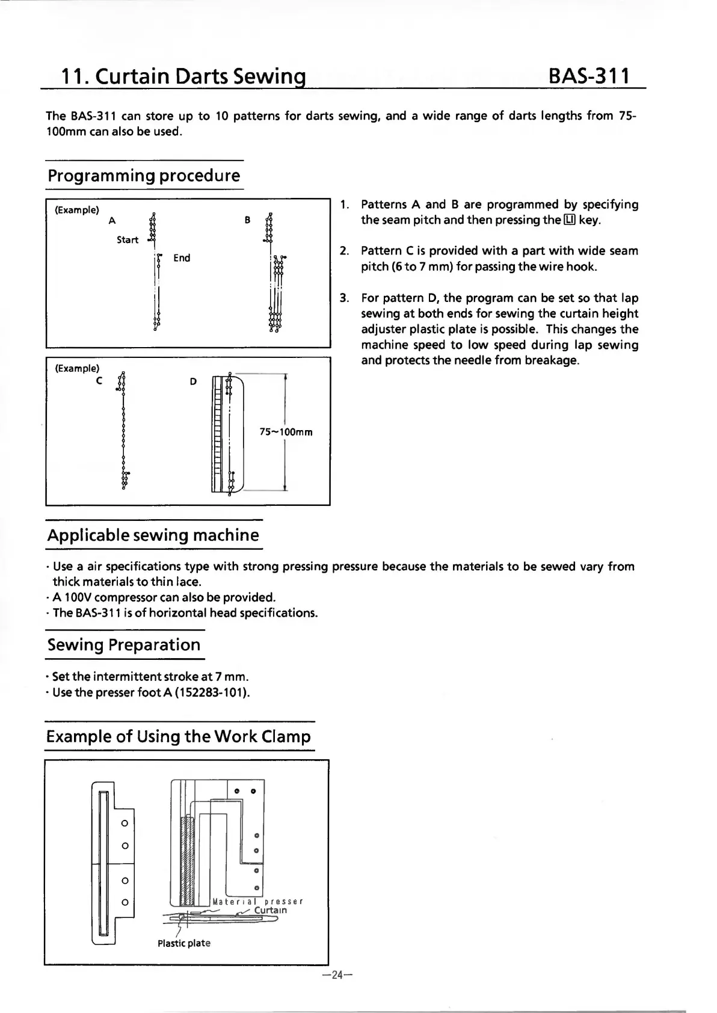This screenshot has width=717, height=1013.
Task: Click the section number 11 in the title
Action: (72, 77)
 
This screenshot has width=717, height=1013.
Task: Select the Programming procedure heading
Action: (144, 176)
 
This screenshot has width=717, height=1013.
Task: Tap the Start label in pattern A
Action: (128, 239)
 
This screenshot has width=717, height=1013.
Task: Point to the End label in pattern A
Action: (182, 257)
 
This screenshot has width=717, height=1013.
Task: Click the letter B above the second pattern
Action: (247, 220)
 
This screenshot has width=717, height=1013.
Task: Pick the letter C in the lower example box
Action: (99, 381)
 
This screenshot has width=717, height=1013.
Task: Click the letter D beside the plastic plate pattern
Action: (193, 381)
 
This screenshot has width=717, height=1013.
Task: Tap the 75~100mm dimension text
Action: (286, 432)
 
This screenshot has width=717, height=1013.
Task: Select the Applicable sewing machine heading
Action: (153, 535)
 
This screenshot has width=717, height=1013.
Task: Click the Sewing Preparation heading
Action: (124, 644)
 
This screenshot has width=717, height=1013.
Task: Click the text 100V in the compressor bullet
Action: (76, 597)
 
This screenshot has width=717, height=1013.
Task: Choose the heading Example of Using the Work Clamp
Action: (179, 736)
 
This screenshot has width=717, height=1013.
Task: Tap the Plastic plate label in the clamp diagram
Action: (184, 943)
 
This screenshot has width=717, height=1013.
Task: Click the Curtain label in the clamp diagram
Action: (271, 910)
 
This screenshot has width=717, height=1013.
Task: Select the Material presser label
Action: (257, 901)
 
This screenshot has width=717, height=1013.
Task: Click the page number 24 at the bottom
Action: (336, 975)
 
